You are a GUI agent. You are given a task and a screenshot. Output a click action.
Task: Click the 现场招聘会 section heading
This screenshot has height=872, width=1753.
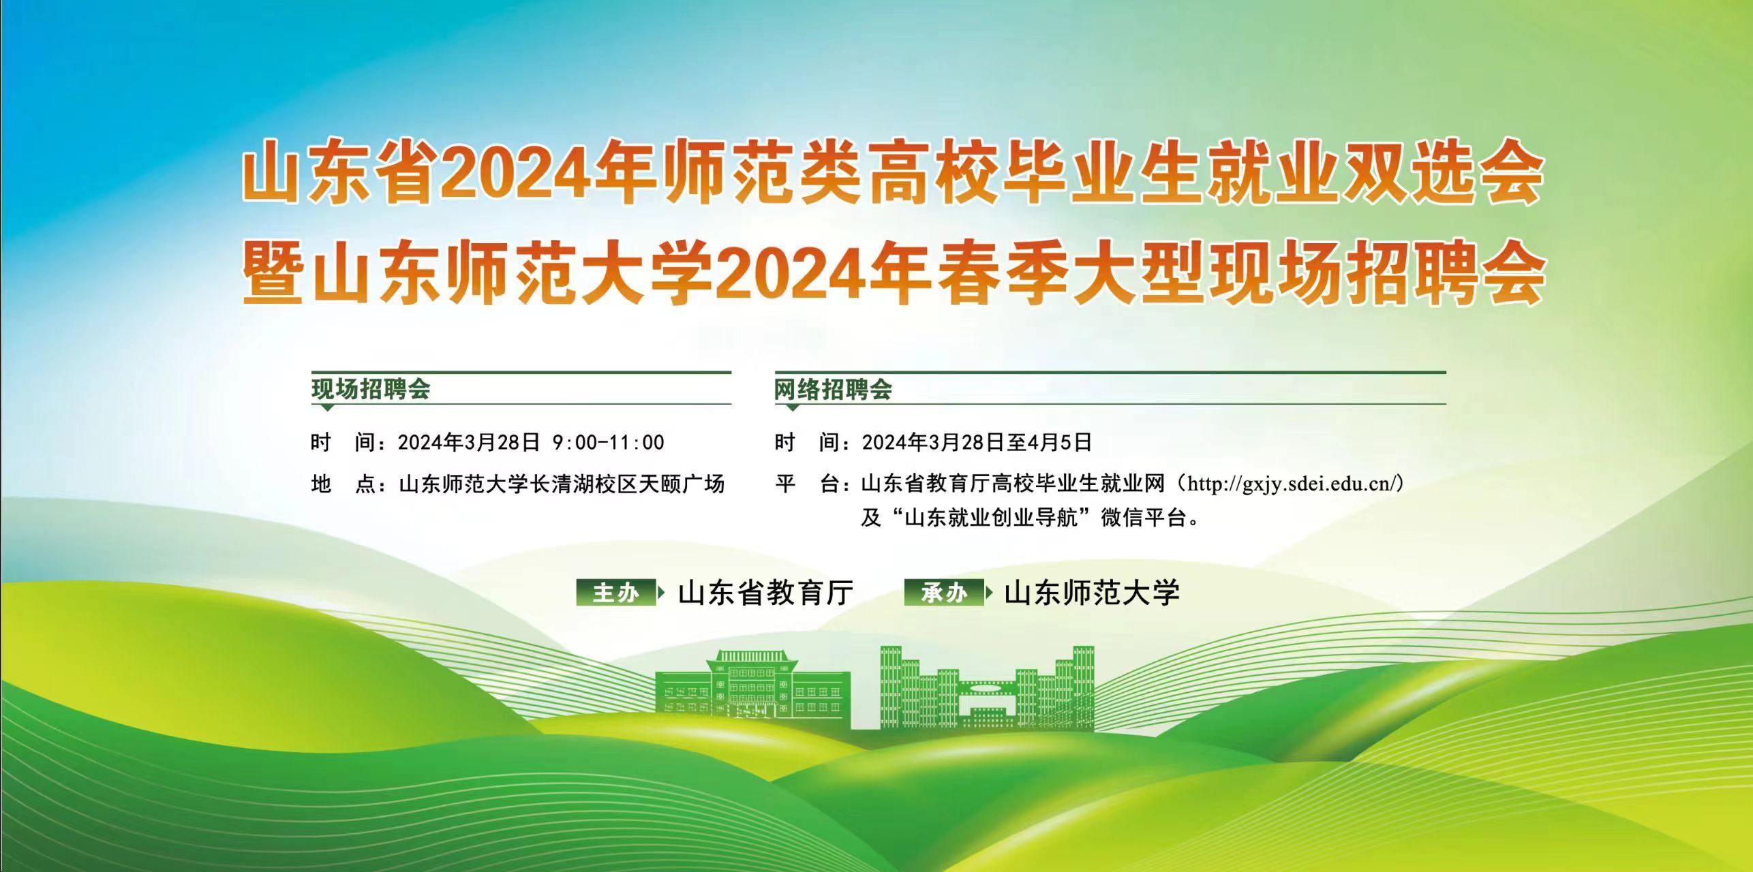pos(371,390)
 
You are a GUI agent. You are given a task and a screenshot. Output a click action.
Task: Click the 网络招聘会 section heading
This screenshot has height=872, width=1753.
pos(833,390)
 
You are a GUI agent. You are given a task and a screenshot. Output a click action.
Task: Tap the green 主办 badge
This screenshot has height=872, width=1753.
pos(616,593)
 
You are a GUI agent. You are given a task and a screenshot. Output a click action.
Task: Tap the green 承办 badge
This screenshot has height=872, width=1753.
pos(945,593)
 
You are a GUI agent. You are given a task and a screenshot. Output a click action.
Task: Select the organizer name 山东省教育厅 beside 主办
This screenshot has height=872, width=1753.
pos(765,593)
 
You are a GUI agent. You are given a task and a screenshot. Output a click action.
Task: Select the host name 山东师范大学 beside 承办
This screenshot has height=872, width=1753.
pos(1092,593)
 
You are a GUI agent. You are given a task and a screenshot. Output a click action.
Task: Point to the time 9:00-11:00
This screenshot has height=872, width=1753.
pos(608,442)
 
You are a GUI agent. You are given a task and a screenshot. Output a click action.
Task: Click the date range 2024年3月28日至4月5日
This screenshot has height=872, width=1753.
pos(977,442)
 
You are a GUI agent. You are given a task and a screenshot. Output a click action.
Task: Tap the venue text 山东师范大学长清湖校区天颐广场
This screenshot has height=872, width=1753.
pos(562,484)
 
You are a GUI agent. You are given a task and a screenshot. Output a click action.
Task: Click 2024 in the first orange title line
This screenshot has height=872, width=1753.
pos(517,176)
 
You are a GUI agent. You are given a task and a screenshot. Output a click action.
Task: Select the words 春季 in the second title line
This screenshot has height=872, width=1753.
pos(1001,275)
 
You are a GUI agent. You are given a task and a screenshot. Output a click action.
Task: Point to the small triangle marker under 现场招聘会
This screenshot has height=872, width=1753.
pos(327,407)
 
